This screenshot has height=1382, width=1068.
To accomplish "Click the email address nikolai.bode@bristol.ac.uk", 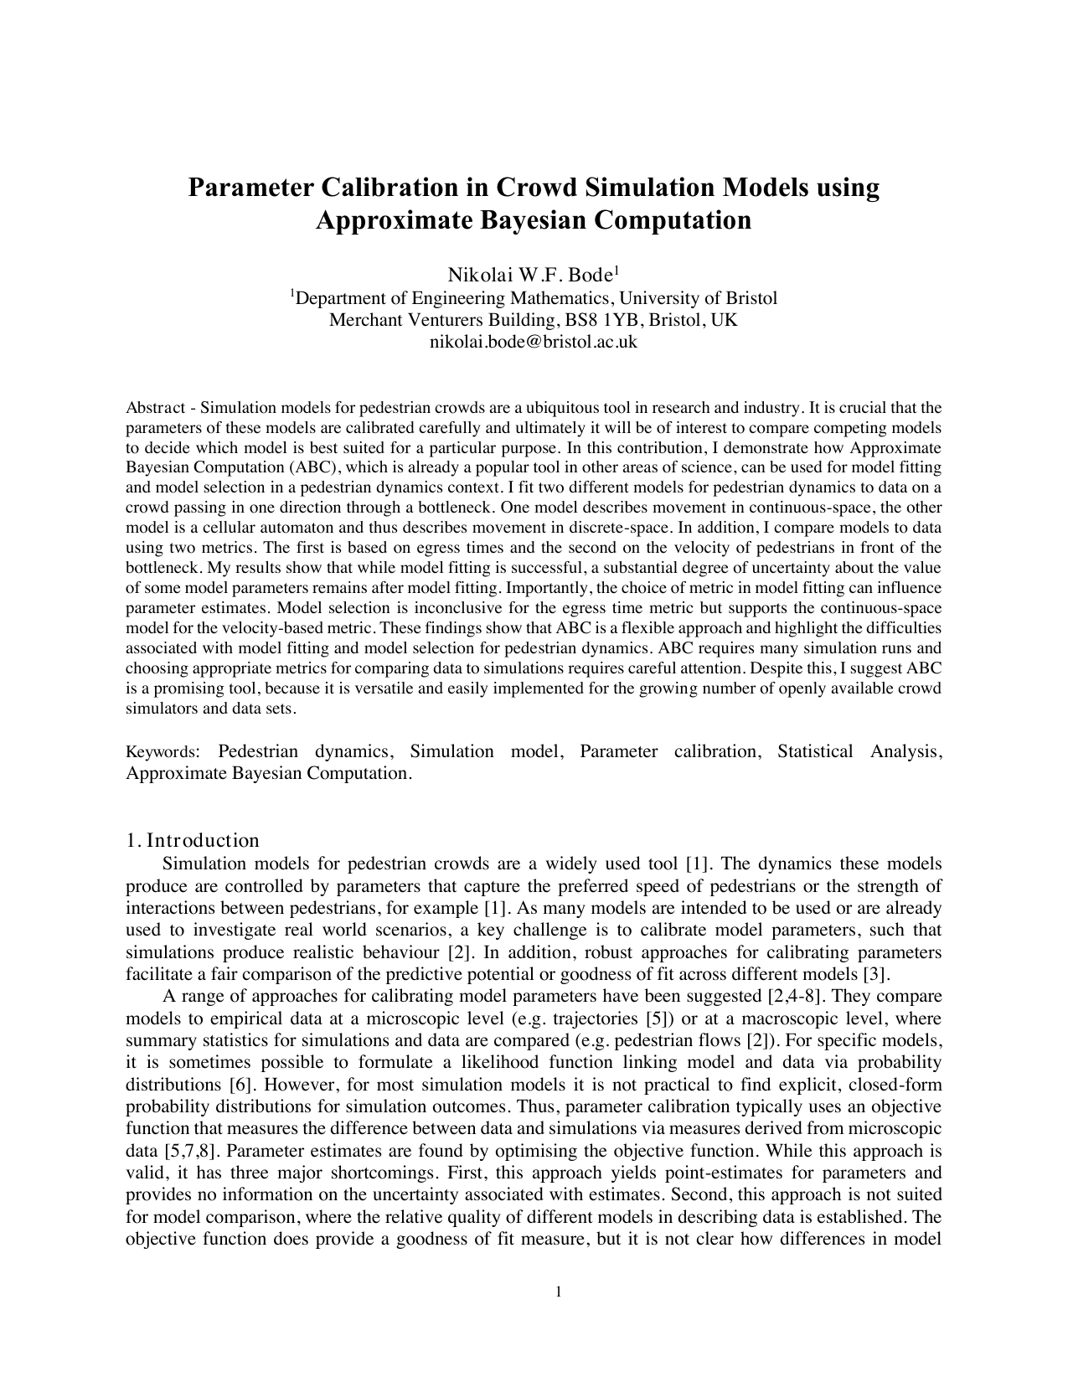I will click(534, 342).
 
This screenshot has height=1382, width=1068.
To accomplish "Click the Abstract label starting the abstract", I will click(155, 408).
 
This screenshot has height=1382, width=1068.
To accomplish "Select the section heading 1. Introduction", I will click(193, 841).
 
